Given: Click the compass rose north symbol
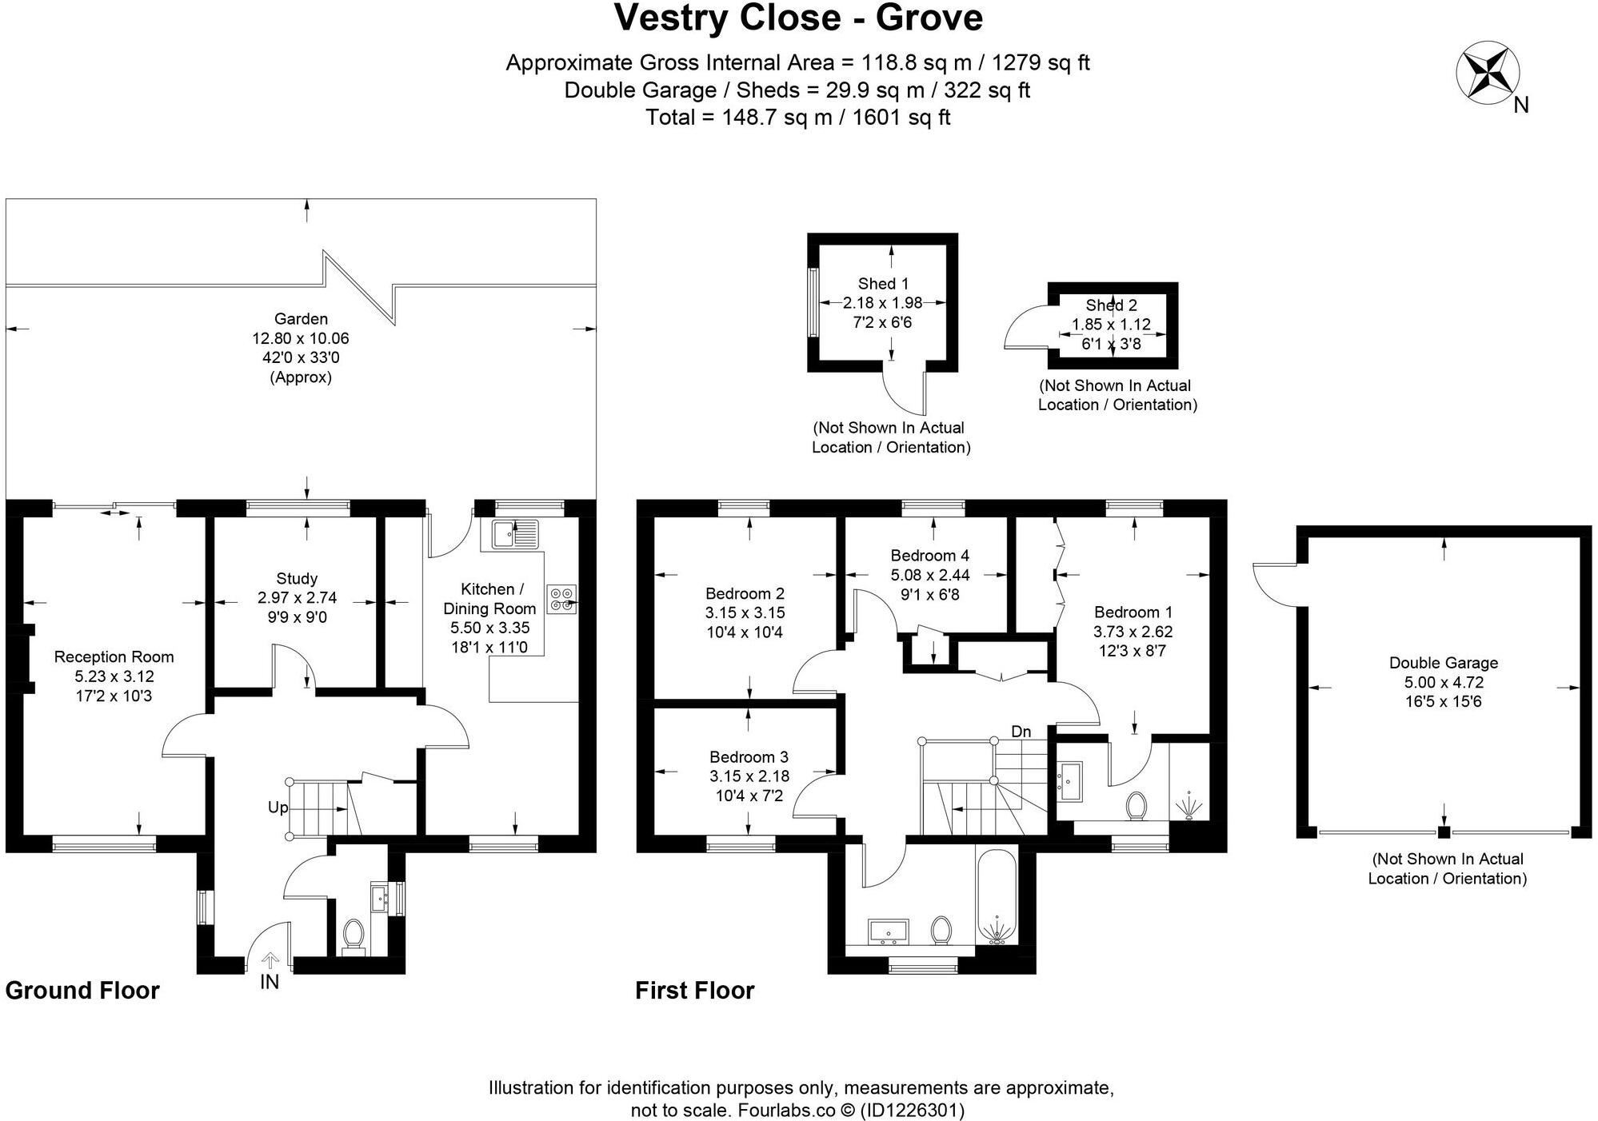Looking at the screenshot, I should pos(1488,75).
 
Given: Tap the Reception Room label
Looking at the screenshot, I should pos(114,657).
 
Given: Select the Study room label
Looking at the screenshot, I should pos(297,578).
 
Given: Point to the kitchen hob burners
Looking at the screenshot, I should pos(561,599).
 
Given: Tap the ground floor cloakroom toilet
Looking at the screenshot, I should pos(353,933).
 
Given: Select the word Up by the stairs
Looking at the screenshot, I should pos(278,808).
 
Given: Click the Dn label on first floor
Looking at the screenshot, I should pos(1021,731).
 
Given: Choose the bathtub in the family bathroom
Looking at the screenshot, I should pos(996,897).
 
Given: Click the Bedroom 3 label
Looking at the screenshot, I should pos(749,756).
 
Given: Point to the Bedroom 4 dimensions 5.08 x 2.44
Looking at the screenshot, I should pos(930,575).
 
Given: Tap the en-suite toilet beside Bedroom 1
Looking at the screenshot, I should pos(1136,805).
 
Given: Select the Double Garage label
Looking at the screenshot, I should pos(1443,663).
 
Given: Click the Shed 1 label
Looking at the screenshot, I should pos(883,284).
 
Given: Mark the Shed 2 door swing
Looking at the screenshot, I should pos(1024,330).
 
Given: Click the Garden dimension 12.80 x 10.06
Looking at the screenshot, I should pos(301,338).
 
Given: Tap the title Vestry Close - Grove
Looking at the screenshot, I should pos(798,18).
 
